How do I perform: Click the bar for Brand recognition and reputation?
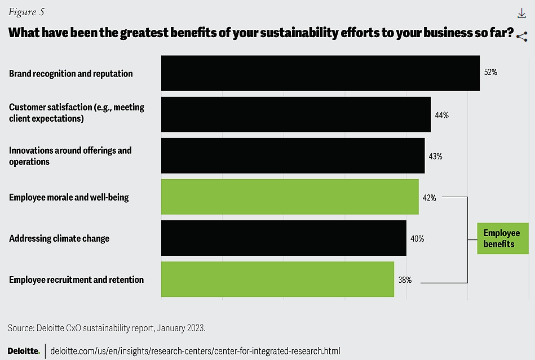coord(320,73)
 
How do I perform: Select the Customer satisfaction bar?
coord(296,114)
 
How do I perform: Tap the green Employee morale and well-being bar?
coord(290,197)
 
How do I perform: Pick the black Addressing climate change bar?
coord(284,238)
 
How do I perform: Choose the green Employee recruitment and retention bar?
coord(277,279)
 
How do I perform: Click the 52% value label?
coord(490,73)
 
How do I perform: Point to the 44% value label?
coord(441,115)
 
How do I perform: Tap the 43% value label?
coord(435,156)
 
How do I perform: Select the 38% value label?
coord(405,279)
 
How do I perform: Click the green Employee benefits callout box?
coord(502,238)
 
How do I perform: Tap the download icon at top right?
coord(521,14)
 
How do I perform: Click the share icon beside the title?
coord(522,37)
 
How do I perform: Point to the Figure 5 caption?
coord(26,12)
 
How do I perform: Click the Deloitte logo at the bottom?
coord(23,350)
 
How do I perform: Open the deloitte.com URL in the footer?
coord(195,350)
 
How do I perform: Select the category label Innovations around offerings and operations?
coord(70,156)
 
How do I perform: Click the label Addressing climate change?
coord(59,238)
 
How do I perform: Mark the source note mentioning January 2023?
coord(107,327)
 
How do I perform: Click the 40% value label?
coord(417,238)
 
